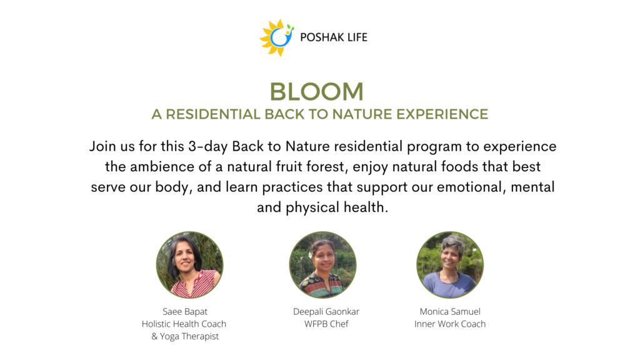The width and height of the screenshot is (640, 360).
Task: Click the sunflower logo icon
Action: coord(277,37)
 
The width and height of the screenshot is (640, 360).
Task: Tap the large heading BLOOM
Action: coord(316,91)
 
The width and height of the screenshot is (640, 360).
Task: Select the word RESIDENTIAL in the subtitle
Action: coord(212,114)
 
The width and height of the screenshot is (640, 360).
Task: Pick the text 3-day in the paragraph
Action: coord(207,146)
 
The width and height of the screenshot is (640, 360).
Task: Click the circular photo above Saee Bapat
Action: coord(190,265)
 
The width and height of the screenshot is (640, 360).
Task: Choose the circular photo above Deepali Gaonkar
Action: coord(323,265)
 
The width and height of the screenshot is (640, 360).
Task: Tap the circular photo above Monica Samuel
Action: coord(450,265)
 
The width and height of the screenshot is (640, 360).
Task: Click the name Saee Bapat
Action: coord(185,312)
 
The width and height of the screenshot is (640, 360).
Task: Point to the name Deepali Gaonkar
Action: coord(326,312)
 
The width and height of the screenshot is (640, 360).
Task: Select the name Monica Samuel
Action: coord(450,312)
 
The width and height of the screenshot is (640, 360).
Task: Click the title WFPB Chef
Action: coord(326,324)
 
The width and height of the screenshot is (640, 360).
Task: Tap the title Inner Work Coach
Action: coord(450,324)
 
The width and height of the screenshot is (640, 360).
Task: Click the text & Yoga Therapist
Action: coord(185,336)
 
